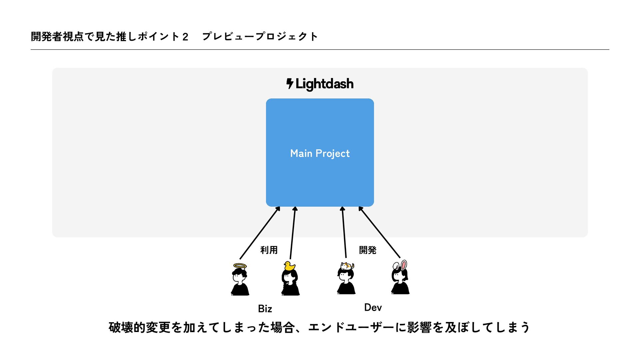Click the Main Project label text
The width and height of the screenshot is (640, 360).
tap(320, 153)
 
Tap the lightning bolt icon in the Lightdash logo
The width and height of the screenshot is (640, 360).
tap(290, 83)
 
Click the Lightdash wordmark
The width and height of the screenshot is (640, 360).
tap(324, 84)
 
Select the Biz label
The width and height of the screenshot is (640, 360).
tap(265, 309)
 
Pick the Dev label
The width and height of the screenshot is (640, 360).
tap(373, 307)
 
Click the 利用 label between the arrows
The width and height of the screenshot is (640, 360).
tap(269, 250)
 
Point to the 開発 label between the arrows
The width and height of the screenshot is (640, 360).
tap(367, 250)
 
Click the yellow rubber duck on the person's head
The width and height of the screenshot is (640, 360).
tap(289, 266)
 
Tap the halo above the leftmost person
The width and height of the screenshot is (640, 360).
tap(240, 266)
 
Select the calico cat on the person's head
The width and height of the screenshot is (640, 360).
tap(347, 266)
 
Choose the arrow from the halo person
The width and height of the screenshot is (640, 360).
tap(259, 233)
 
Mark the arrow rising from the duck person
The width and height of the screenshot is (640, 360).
tap(293, 233)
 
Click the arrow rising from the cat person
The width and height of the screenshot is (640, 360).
tap(344, 233)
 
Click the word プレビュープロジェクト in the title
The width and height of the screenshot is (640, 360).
tap(260, 36)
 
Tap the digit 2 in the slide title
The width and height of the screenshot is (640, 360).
tap(185, 37)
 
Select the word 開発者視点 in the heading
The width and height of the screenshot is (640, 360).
tap(57, 36)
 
